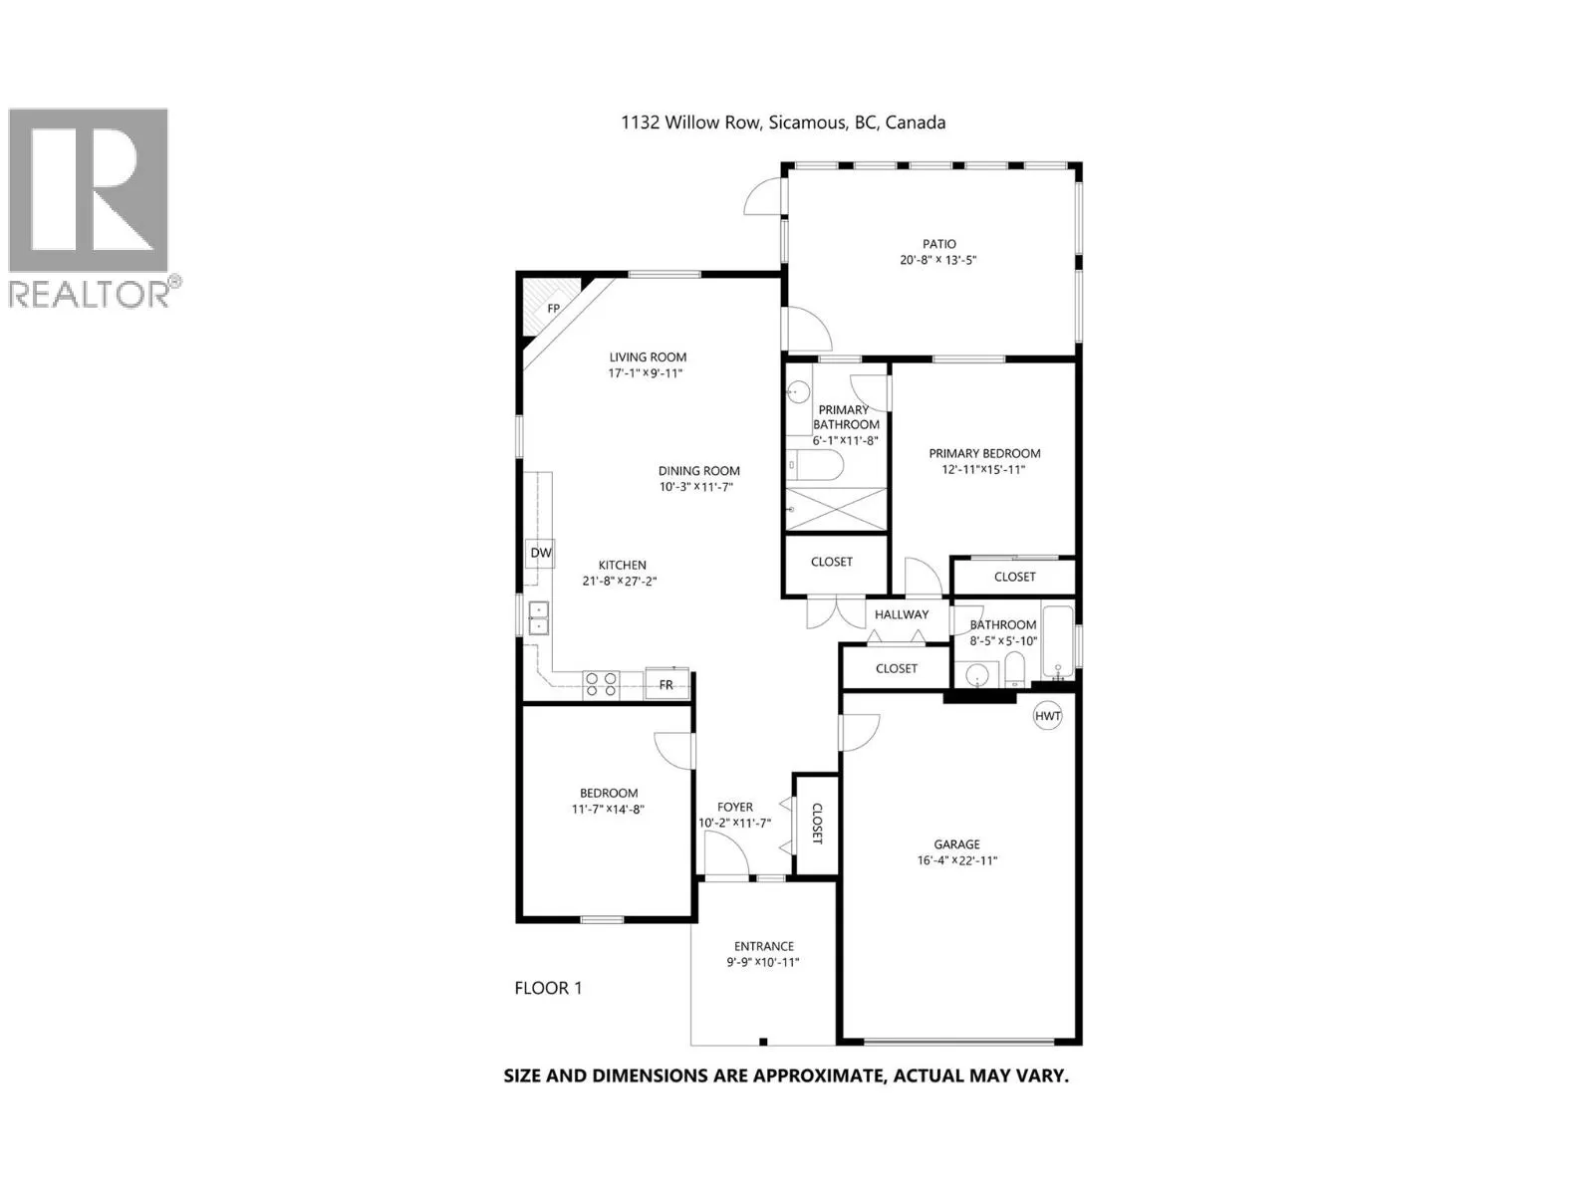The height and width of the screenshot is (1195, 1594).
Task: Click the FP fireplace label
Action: [553, 309]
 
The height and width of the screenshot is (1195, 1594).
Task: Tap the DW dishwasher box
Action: [540, 553]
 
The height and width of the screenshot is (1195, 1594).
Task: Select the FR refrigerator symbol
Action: [666, 683]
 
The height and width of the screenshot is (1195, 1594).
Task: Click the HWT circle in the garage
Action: [1047, 716]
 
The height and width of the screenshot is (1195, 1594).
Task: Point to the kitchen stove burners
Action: [602, 684]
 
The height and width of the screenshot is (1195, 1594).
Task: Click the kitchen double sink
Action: [539, 618]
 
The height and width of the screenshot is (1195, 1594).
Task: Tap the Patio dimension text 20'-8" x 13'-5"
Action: [938, 260]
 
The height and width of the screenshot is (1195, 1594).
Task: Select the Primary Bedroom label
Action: [984, 453]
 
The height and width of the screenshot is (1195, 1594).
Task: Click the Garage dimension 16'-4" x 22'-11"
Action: [957, 860]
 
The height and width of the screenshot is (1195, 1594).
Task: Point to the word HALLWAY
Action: [902, 614]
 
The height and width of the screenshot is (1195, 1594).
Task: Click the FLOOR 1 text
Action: [548, 988]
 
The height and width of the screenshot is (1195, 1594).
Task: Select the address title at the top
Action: [783, 122]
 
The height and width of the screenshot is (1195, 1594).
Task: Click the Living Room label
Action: [648, 357]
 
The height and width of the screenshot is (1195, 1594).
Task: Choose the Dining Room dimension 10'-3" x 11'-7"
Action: [695, 487]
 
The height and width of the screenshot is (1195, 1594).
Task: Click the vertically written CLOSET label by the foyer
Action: [816, 824]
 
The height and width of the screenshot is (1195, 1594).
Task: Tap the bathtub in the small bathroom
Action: [1057, 643]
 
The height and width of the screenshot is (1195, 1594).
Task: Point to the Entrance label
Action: [763, 946]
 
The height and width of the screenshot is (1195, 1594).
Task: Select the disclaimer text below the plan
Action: [786, 1075]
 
